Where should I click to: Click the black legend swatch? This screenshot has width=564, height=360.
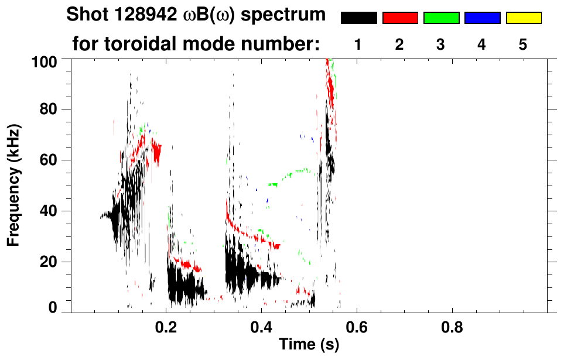pyautogui.click(x=358, y=18)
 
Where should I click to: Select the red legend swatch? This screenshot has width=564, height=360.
pyautogui.click(x=400, y=18)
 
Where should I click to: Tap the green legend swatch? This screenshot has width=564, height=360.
pyautogui.click(x=441, y=18)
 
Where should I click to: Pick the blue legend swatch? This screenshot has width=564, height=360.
pyautogui.click(x=482, y=18)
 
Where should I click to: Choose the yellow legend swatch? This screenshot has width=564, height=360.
pyautogui.click(x=523, y=18)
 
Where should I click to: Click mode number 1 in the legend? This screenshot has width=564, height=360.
pyautogui.click(x=358, y=45)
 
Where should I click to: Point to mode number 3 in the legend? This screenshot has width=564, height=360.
pyautogui.click(x=440, y=45)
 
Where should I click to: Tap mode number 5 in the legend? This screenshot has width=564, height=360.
pyautogui.click(x=523, y=45)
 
